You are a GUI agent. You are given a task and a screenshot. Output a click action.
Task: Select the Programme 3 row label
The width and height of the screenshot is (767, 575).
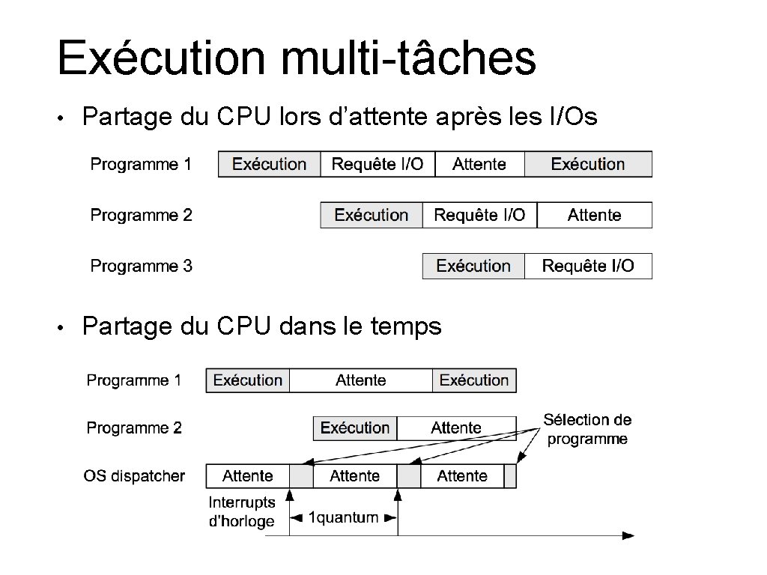coord(141,266)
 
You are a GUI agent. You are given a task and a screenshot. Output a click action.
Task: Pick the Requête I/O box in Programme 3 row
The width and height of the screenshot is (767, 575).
coord(588,266)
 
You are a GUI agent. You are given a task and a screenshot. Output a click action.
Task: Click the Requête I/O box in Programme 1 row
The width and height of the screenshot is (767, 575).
coord(377,164)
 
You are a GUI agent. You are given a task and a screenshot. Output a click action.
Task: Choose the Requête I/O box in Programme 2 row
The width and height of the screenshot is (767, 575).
coord(479,215)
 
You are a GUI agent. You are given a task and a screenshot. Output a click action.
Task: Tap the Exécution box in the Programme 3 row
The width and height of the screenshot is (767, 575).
coord(473,266)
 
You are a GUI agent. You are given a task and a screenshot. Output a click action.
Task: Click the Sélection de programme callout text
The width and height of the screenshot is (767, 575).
coord(587,429)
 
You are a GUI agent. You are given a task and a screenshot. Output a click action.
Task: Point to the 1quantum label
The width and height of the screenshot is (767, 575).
coord(343,517)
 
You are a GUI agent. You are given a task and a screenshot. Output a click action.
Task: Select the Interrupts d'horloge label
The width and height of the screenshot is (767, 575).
coord(241,512)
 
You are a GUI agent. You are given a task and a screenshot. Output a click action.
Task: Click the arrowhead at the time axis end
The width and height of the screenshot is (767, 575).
coord(628,535)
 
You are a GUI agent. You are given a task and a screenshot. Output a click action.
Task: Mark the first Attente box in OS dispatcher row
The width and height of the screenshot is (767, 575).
coord(247,476)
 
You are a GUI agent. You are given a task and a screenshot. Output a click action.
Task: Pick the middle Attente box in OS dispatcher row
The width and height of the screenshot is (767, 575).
coord(354,476)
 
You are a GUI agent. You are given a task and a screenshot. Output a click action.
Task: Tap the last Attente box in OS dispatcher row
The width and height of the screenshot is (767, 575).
coord(461,476)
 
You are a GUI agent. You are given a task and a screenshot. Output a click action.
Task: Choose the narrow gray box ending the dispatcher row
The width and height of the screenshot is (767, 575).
coord(510,476)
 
